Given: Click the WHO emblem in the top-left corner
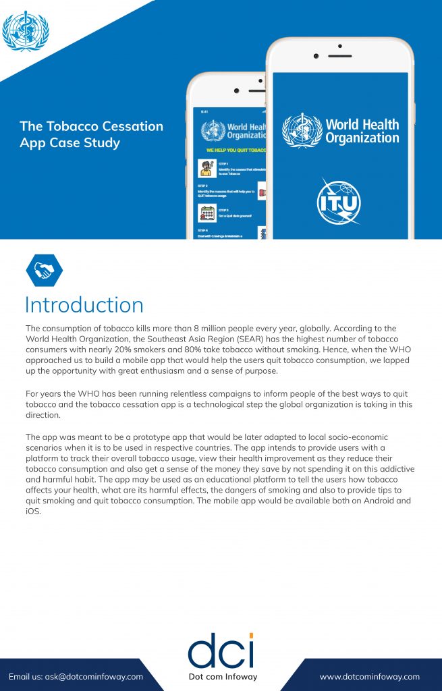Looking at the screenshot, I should tap(26, 31).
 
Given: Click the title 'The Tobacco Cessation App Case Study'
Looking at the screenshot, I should tap(91, 134).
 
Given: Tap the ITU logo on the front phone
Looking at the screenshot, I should tap(339, 201).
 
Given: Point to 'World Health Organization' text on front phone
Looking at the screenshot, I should tap(362, 131).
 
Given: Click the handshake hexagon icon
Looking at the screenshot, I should tap(44, 271).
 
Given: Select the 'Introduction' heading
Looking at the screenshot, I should tap(84, 304).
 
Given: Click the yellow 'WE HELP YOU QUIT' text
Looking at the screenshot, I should tap(233, 149).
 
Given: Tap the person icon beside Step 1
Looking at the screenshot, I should tap(206, 168).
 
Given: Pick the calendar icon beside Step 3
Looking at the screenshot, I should tap(206, 213).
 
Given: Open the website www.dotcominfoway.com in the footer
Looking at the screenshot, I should tap(369, 677).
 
